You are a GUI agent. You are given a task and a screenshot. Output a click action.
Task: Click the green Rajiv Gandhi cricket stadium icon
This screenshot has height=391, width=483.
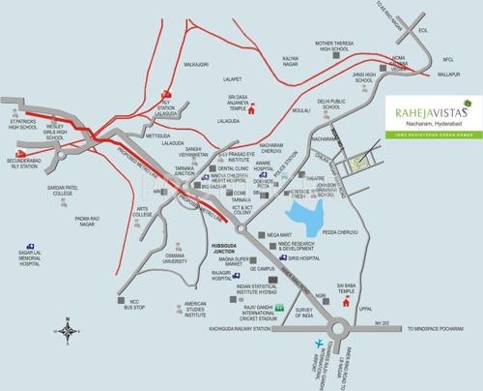point(280,307)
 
